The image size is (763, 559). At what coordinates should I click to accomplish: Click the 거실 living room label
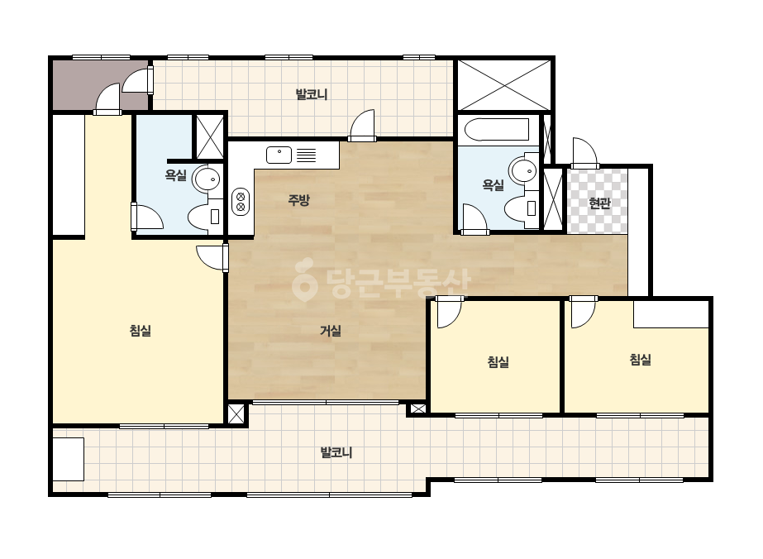(331, 331)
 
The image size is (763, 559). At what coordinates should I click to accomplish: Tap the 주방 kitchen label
(298, 200)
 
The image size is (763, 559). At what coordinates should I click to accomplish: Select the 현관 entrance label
(599, 203)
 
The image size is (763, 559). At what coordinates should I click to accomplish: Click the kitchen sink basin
(279, 155)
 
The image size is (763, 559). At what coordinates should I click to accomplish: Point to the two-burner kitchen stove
(241, 201)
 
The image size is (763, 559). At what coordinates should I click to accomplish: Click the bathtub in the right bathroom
(496, 130)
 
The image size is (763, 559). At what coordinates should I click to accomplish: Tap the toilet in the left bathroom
(205, 216)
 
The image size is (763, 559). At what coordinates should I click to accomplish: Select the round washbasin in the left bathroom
(207, 179)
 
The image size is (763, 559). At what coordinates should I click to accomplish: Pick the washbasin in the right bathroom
(523, 170)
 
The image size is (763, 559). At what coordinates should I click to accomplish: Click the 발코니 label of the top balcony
(312, 94)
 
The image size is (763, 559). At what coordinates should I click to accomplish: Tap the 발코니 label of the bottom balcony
(336, 453)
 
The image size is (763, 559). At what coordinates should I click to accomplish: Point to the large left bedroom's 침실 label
(141, 331)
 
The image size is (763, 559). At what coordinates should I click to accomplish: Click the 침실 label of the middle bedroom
(498, 362)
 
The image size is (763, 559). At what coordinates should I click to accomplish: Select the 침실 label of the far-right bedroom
(641, 360)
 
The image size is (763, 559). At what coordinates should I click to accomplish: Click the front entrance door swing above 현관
(585, 153)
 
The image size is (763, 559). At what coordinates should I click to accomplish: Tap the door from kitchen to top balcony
(363, 126)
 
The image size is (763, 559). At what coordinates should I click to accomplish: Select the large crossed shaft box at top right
(504, 85)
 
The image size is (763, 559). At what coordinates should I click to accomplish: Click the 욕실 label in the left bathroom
(176, 175)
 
